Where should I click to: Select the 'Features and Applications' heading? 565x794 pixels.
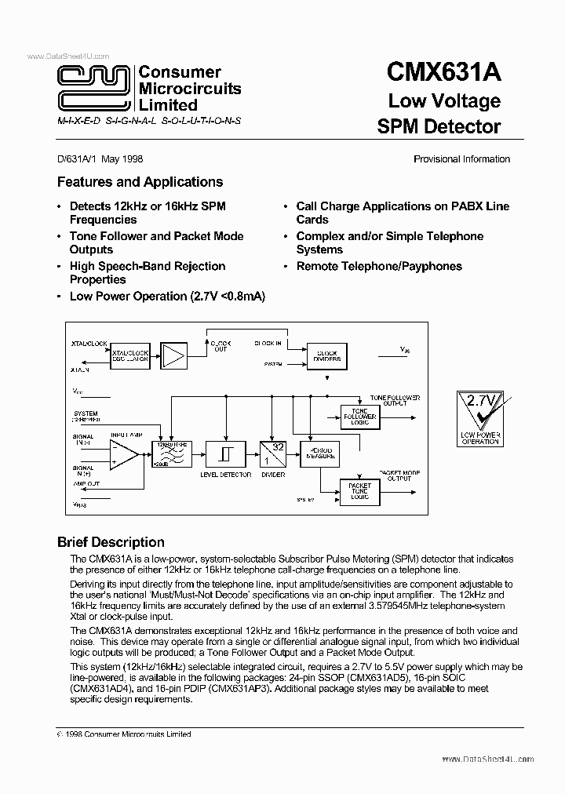(x=140, y=182)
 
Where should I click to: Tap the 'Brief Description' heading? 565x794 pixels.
(x=111, y=542)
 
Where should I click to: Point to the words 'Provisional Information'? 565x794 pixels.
(x=461, y=159)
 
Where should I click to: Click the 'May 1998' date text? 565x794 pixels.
(x=122, y=159)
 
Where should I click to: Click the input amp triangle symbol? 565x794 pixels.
(x=122, y=453)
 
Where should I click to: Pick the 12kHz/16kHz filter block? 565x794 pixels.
(x=174, y=453)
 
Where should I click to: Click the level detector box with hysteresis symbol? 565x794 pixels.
(x=225, y=453)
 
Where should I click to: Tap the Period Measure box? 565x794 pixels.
(x=322, y=453)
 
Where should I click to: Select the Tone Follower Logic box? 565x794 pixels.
(x=359, y=415)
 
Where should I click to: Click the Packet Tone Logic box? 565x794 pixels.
(x=359, y=492)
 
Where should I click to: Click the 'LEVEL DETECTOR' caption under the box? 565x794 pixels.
(x=226, y=475)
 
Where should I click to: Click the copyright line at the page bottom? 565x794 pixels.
(x=124, y=734)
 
